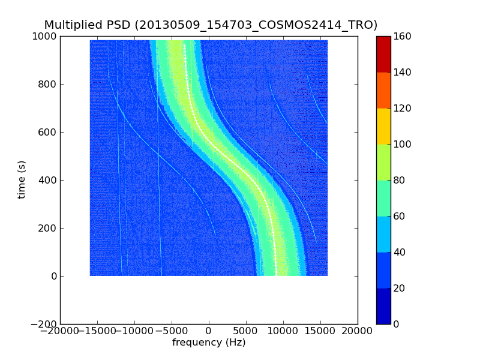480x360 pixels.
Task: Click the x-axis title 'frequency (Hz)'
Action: point(209,343)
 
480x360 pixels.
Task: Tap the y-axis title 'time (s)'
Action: point(22,179)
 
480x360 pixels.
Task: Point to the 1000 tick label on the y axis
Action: point(45,36)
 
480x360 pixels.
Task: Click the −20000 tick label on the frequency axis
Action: point(60,331)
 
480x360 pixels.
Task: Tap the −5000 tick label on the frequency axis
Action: point(172,331)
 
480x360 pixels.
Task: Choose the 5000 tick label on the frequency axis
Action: point(246,331)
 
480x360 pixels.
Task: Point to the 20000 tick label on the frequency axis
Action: point(358,331)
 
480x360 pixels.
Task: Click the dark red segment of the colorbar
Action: point(383,54)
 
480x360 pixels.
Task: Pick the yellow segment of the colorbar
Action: point(383,126)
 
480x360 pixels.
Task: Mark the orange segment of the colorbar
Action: point(383,90)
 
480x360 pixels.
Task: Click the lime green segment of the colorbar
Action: point(383,162)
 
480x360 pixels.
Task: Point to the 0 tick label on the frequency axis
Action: point(209,331)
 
